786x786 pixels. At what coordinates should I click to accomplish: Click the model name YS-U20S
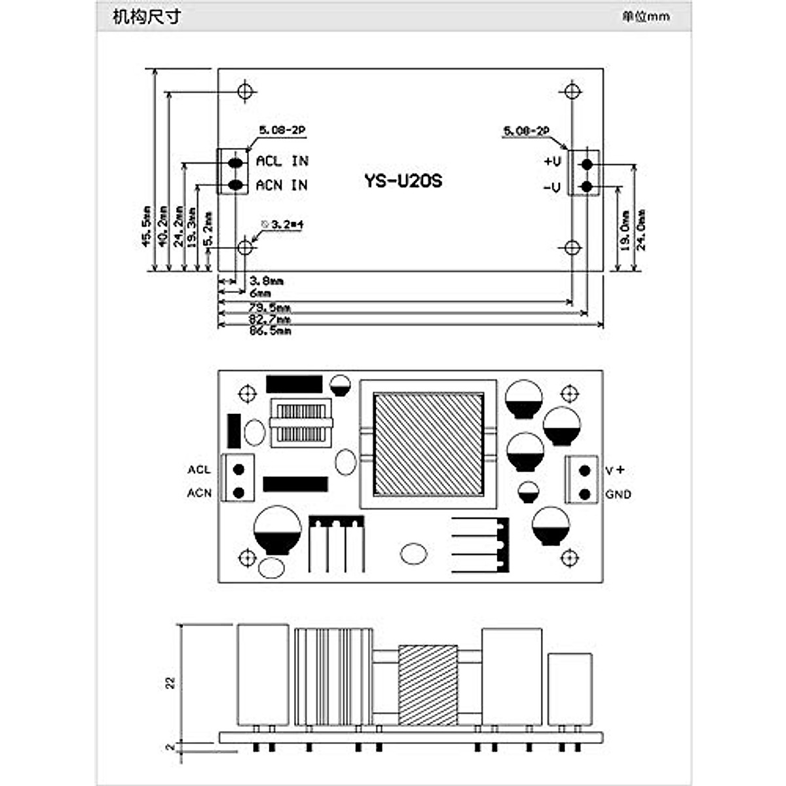[403, 181]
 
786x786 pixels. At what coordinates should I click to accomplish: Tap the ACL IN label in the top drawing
[282, 161]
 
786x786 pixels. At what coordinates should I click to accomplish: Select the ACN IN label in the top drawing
[282, 185]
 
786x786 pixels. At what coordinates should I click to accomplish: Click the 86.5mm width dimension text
[270, 331]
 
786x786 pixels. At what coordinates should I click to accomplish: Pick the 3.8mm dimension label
[267, 281]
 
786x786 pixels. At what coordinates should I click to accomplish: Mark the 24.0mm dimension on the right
[641, 230]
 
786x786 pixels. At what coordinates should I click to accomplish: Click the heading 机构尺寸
[145, 16]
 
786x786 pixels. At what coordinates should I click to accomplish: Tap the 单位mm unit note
[646, 16]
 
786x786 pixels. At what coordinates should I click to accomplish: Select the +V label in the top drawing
[552, 161]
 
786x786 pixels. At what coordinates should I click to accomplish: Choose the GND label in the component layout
[618, 494]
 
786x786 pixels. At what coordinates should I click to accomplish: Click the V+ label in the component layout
[614, 470]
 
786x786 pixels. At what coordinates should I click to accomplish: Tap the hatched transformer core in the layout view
[428, 443]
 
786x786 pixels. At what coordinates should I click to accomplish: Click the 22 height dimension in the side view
[171, 682]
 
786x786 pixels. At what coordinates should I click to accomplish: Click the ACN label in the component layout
[199, 493]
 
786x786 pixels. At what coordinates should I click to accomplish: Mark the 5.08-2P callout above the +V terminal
[525, 132]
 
